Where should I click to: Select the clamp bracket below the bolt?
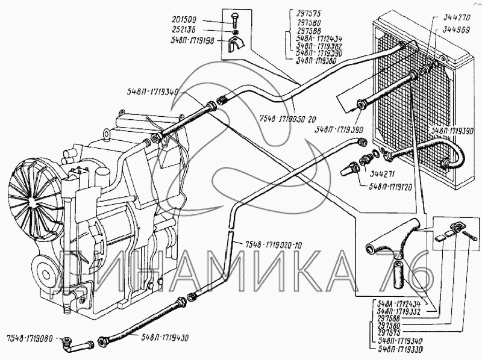tap(236, 43)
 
